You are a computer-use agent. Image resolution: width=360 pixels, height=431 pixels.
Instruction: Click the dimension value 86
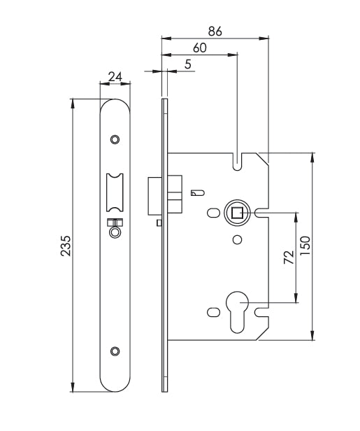click(215, 31)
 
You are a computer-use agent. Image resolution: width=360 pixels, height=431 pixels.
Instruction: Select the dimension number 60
click(200, 48)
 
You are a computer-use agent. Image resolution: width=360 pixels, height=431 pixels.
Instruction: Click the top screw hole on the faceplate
click(116, 139)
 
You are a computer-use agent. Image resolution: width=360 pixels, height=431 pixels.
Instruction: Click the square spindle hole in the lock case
click(237, 212)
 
